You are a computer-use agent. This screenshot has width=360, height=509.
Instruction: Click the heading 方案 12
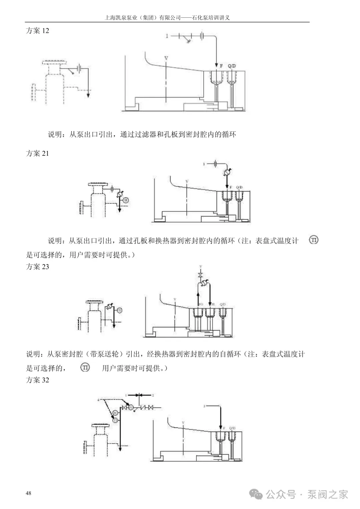click(37, 31)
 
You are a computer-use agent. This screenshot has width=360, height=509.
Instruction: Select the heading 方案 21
click(37, 153)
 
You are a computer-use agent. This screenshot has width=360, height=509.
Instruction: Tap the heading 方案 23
click(37, 267)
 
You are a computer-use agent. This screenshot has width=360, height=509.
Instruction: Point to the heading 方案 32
click(37, 380)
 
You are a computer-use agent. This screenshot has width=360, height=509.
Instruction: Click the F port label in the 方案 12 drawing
click(221, 66)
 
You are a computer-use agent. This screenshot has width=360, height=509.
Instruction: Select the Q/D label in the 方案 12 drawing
click(232, 66)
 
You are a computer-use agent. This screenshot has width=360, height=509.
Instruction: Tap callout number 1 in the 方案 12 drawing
click(167, 36)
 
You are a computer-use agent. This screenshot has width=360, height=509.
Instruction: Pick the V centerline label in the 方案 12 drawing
click(166, 58)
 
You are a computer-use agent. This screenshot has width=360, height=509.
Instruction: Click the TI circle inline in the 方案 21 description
click(314, 240)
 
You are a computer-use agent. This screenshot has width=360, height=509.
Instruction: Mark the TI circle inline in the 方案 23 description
click(85, 368)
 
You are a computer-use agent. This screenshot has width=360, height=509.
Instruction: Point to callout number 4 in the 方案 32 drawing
click(98, 400)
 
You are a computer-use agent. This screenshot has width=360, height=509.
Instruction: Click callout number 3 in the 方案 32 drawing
click(204, 406)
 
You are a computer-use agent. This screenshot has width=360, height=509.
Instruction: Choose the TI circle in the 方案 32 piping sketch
click(115, 421)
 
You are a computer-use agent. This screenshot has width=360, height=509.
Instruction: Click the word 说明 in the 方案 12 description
click(55, 134)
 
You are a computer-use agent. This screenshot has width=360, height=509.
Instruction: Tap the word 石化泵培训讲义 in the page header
click(211, 18)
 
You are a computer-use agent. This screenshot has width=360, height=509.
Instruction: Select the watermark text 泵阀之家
click(328, 494)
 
